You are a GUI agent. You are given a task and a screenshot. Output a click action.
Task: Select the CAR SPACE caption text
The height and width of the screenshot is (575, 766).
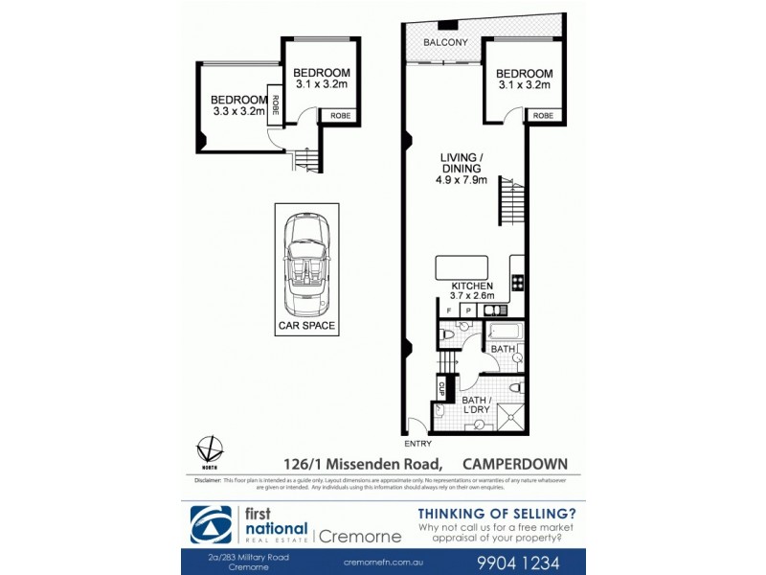[304, 326]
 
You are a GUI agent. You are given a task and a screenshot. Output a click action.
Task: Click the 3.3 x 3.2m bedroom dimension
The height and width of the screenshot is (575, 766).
[238, 111]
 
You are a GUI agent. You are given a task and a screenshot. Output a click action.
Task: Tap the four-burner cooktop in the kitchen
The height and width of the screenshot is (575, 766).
[517, 282]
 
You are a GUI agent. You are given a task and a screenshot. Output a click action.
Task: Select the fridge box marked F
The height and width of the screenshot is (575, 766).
[449, 310]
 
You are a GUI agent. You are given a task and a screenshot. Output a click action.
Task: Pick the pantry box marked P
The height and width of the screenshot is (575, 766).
[468, 310]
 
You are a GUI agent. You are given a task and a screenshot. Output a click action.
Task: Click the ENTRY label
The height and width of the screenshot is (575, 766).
[418, 444]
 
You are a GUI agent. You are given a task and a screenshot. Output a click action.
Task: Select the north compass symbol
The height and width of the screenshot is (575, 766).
[209, 448]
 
